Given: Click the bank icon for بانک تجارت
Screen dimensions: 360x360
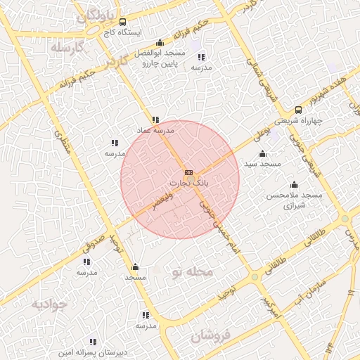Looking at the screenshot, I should point(188,172).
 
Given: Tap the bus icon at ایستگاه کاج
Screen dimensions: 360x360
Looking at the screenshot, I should point(123,22).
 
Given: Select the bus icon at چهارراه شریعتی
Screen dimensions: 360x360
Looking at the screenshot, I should point(298,110).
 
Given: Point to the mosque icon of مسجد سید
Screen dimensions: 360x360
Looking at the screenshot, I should point(263,154).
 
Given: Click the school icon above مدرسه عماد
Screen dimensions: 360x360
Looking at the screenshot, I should point(155,120).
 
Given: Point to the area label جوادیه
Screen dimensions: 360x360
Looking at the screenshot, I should point(49,304).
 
